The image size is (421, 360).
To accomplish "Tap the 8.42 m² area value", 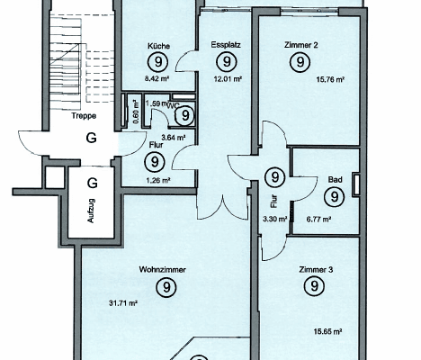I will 159,78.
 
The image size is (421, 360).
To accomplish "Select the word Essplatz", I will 223,43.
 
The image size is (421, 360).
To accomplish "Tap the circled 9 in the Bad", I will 334,196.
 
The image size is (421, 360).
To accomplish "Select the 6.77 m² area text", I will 321,219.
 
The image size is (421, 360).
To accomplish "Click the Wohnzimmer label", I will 163,269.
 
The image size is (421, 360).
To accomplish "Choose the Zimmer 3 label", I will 313,268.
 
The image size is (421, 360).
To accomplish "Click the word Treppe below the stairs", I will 85,116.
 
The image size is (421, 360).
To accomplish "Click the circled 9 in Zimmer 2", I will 299,61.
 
